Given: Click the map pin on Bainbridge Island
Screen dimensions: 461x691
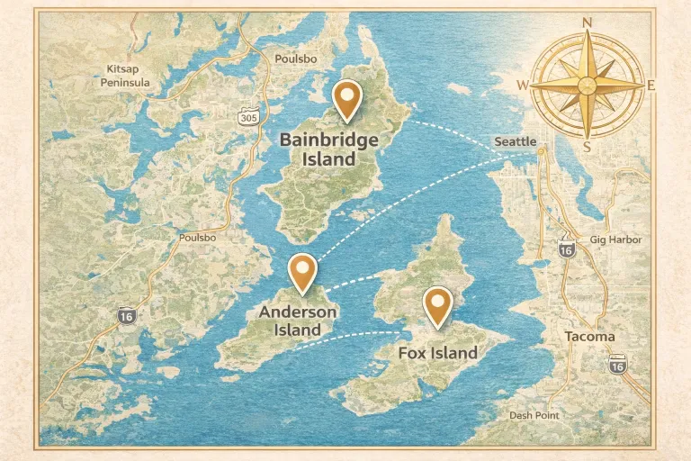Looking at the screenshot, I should coord(346,97).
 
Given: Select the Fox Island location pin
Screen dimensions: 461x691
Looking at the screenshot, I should coord(438,303).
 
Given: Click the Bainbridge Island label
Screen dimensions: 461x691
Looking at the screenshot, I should coord(328,149).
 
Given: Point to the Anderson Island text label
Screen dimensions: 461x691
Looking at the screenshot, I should coord(298,321).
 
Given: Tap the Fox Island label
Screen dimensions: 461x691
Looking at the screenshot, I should coord(438,353).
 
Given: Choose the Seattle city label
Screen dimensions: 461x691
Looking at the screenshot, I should coord(515,142).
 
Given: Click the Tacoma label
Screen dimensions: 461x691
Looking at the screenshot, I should coord(589,337).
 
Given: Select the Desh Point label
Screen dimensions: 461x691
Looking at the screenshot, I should coord(534,415).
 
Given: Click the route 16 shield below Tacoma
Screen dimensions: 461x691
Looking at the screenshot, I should coord(616,365).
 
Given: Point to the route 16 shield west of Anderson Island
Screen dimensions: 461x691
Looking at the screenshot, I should coord(127,314).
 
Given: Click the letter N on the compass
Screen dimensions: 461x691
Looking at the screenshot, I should coord(588,23).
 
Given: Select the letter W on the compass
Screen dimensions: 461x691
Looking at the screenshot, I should coord(523,86).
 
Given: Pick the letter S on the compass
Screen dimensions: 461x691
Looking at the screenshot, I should coord(587,147).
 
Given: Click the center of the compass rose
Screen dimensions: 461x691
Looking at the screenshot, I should coord(588,86).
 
